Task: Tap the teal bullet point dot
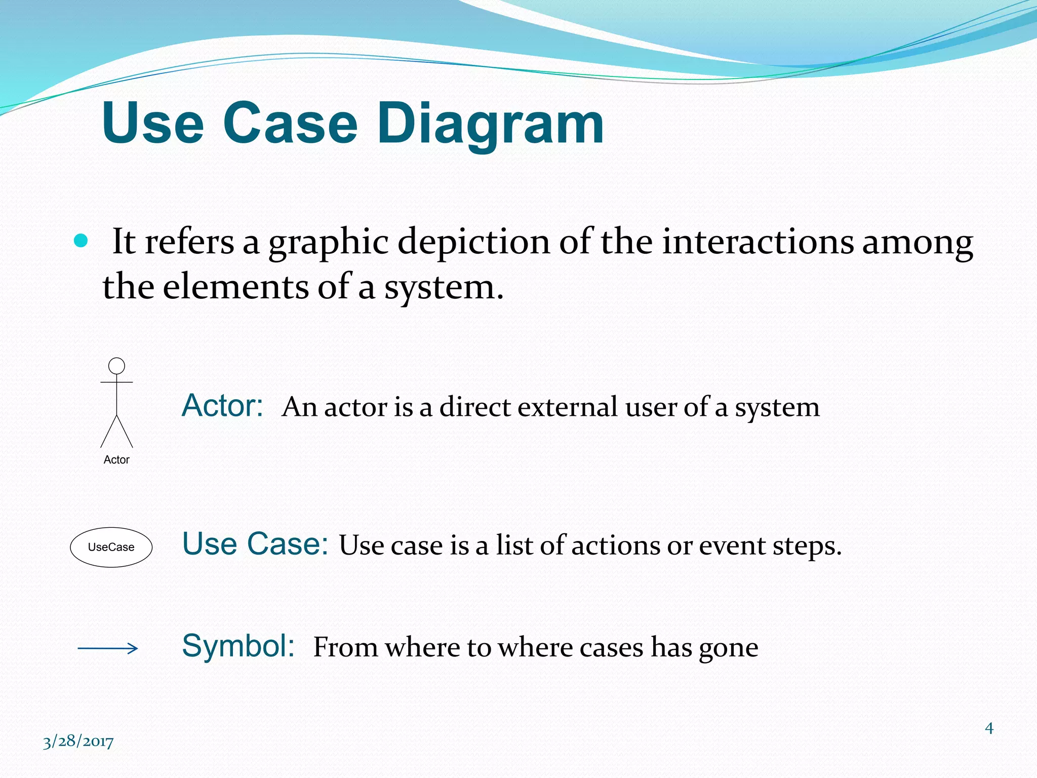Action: [81, 241]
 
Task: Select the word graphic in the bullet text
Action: [328, 242]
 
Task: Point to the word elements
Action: [235, 287]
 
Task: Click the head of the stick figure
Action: [117, 366]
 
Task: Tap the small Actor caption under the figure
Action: [116, 459]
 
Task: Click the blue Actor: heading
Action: [222, 406]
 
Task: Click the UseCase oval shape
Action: [111, 547]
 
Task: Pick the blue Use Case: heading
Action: [255, 544]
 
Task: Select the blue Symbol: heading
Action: [238, 646]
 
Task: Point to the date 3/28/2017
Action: [78, 742]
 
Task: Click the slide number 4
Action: [989, 728]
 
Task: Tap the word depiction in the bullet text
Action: [474, 242]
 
